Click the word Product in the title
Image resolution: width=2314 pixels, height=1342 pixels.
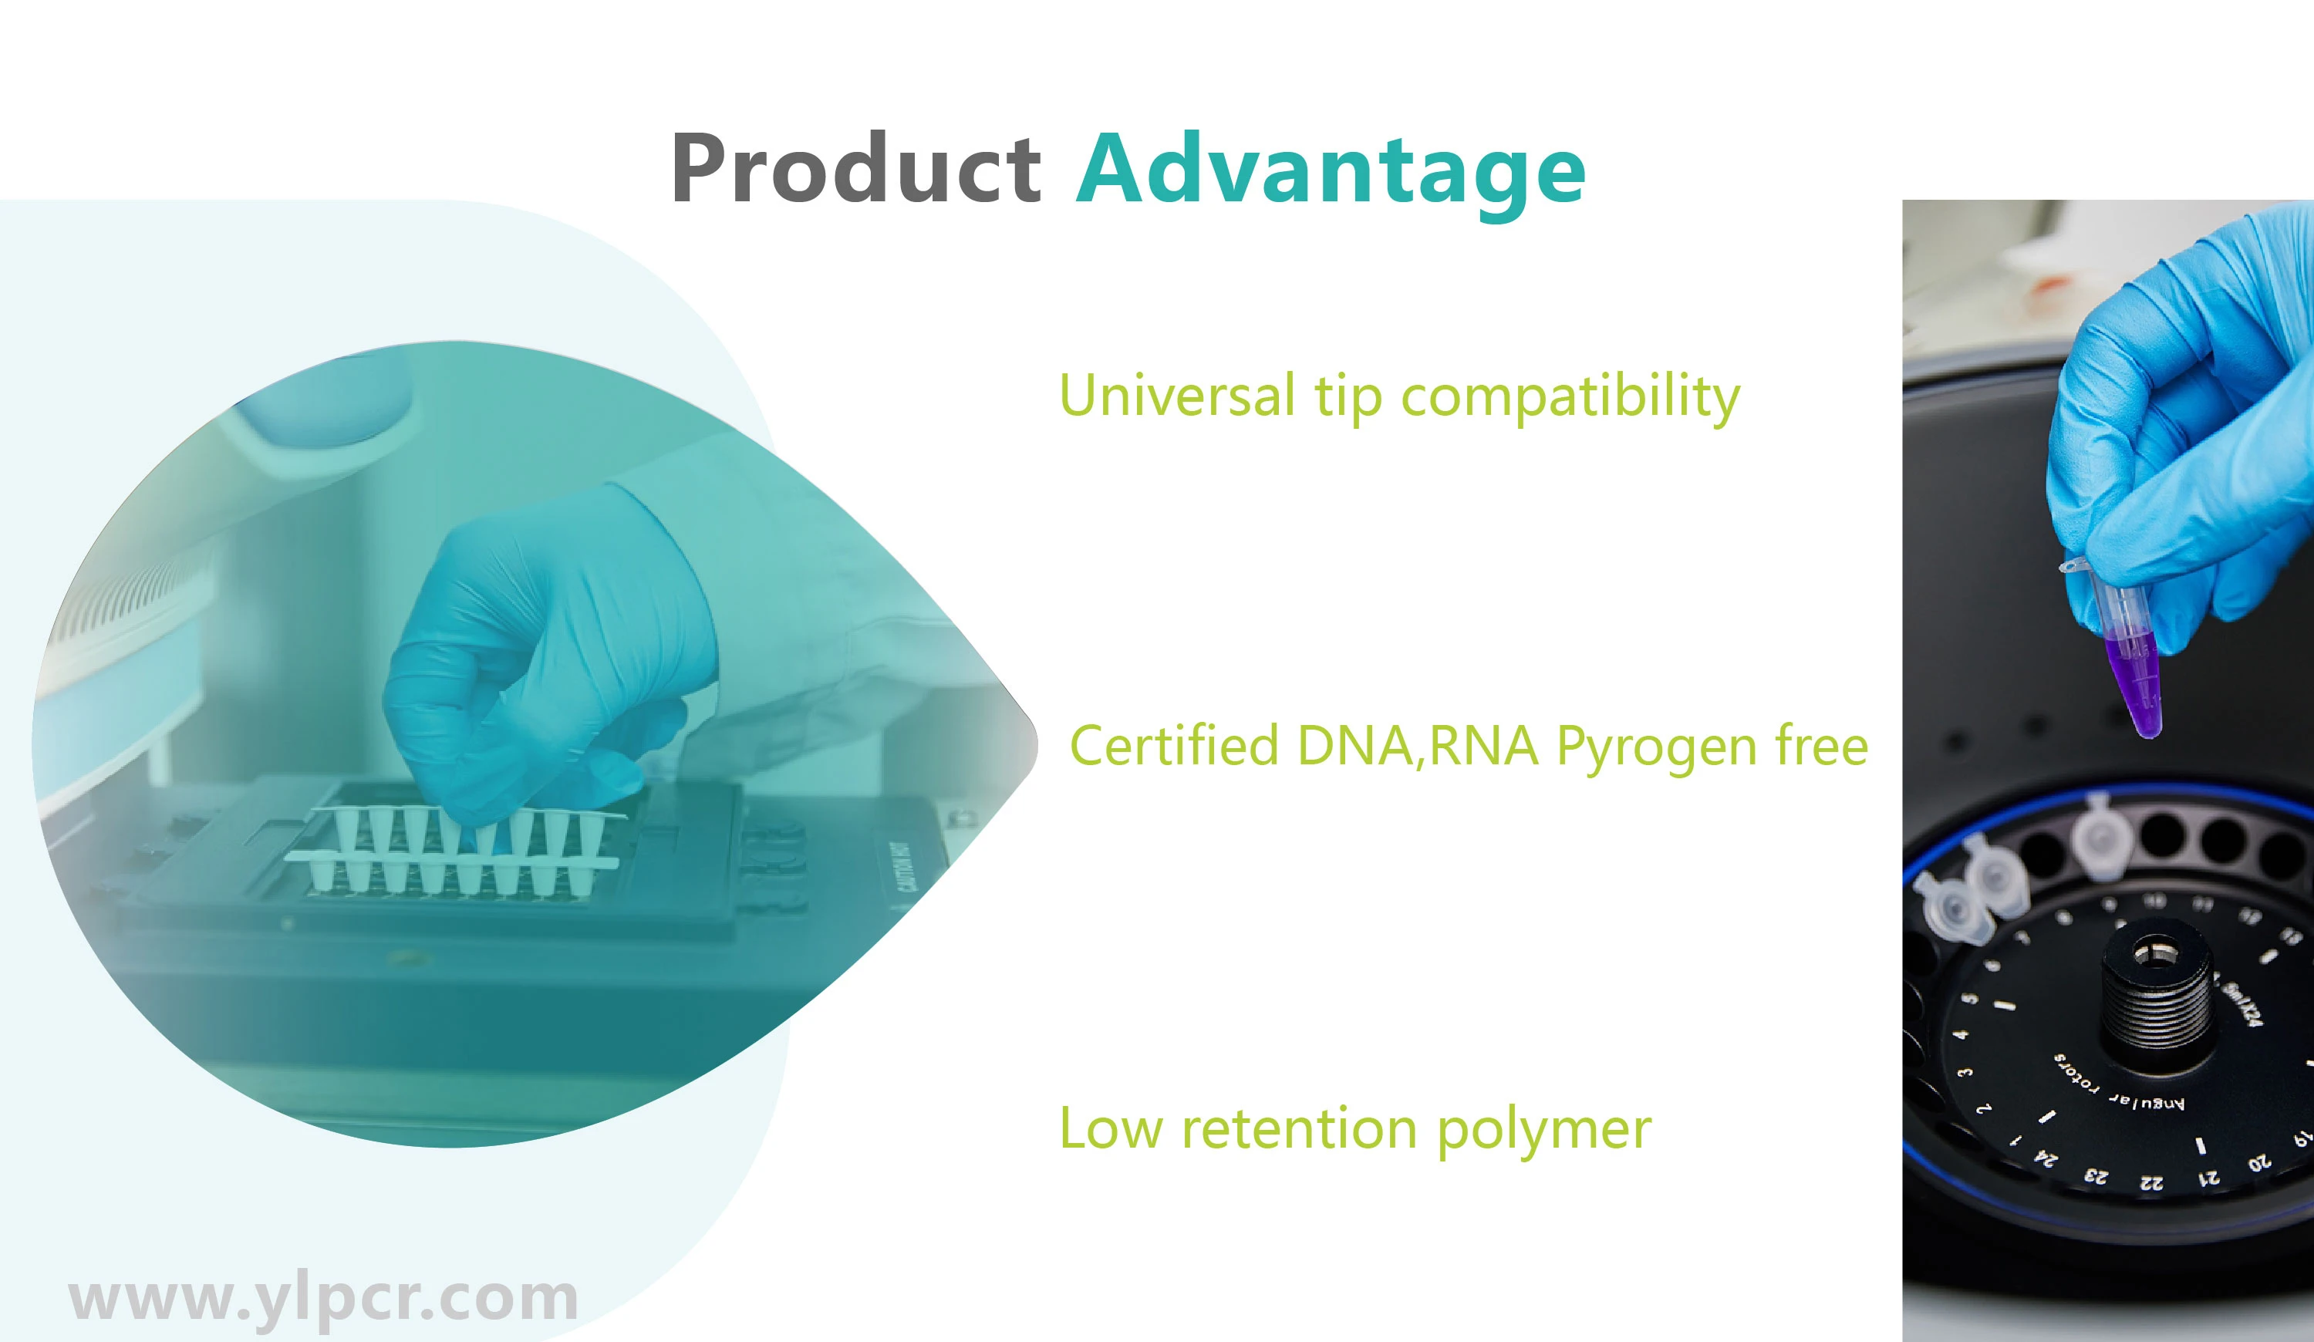856,169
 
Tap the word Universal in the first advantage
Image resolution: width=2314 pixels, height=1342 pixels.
1176,396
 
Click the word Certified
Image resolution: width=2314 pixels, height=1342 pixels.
1173,744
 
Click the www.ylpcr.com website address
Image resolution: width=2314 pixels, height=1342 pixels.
323,1298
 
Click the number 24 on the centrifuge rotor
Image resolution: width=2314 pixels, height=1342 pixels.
2046,1159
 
